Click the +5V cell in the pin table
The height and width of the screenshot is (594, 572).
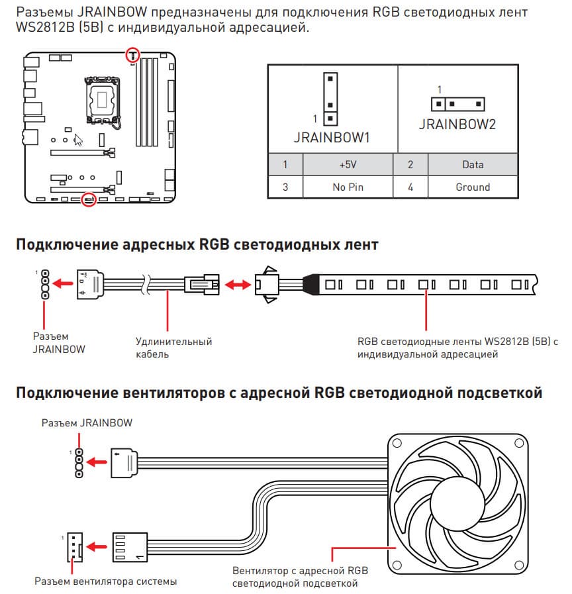[x=348, y=164]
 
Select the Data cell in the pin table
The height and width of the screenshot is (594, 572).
[x=473, y=164]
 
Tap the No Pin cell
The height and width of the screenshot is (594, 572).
[x=348, y=187]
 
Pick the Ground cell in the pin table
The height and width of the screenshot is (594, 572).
[x=473, y=187]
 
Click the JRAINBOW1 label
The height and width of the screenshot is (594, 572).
[x=332, y=138]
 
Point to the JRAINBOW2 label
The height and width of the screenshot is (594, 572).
[x=457, y=124]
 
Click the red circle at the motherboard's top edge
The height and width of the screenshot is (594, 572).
[x=132, y=54]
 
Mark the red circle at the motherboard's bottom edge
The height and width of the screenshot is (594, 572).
[x=89, y=199]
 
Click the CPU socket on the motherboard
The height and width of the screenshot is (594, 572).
[x=102, y=100]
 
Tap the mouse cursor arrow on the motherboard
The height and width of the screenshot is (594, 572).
[x=78, y=140]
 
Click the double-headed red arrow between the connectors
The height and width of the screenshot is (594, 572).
[x=238, y=285]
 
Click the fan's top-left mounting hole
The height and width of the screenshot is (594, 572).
[x=397, y=443]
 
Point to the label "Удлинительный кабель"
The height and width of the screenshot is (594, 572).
[x=174, y=348]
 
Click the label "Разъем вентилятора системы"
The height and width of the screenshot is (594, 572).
[x=106, y=581]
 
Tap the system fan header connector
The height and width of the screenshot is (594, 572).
[x=75, y=547]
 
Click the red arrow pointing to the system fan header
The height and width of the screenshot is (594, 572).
[x=96, y=547]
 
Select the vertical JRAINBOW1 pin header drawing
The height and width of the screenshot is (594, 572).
[x=330, y=99]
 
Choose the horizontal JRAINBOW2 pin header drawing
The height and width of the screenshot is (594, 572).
[x=458, y=104]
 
